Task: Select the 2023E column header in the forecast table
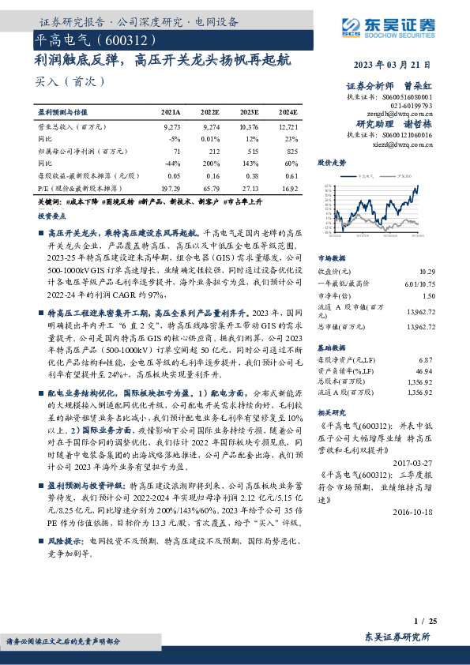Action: coord(249,113)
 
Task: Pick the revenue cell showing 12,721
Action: coord(288,126)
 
